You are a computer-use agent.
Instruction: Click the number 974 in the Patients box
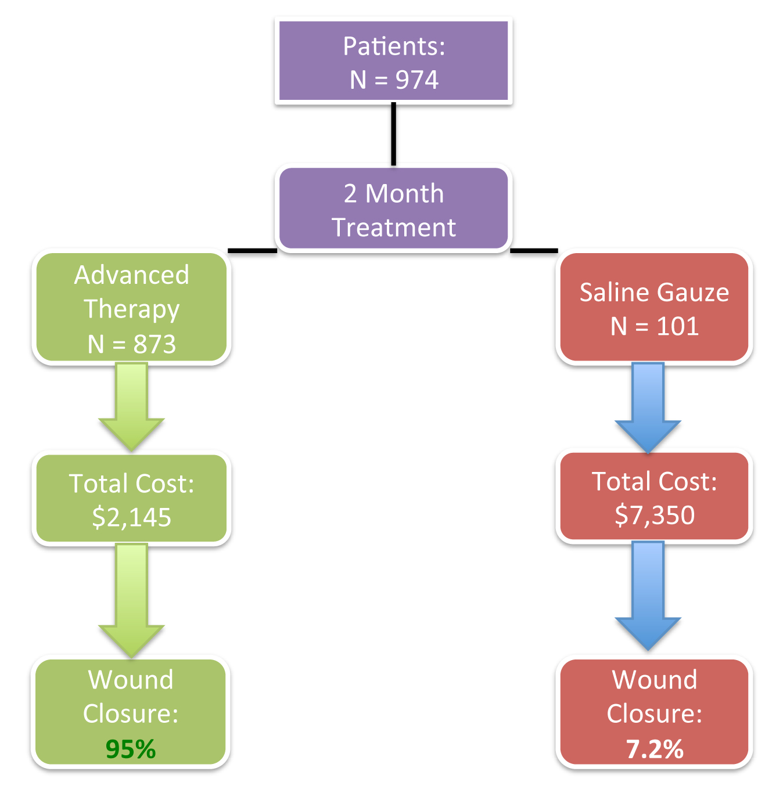pyautogui.click(x=417, y=80)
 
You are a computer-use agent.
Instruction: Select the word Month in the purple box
pyautogui.click(x=404, y=193)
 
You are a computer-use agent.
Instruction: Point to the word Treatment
pyautogui.click(x=394, y=227)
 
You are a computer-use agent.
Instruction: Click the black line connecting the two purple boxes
pyautogui.click(x=393, y=134)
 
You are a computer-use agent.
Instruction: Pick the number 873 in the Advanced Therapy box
pyautogui.click(x=155, y=344)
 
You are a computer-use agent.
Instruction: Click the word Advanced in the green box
pyautogui.click(x=131, y=275)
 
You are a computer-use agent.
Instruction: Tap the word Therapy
pyautogui.click(x=131, y=309)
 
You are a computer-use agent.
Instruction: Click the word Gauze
pyautogui.click(x=693, y=293)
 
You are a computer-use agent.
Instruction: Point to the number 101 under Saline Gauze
pyautogui.click(x=677, y=326)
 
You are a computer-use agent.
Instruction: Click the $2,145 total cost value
pyautogui.click(x=131, y=517)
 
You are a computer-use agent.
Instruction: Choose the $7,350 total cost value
pyautogui.click(x=655, y=516)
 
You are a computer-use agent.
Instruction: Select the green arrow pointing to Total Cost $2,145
pyautogui.click(x=131, y=406)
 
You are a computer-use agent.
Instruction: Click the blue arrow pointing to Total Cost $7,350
pyautogui.click(x=648, y=408)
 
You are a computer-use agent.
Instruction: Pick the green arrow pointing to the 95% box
pyautogui.click(x=131, y=600)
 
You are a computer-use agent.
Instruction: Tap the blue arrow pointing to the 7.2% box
pyautogui.click(x=648, y=596)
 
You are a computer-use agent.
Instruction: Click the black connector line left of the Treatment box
pyautogui.click(x=253, y=251)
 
